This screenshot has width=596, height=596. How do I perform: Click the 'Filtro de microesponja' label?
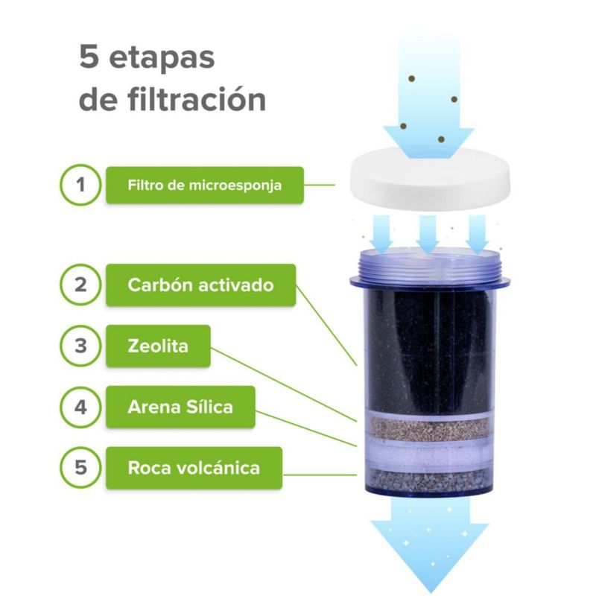[204, 185]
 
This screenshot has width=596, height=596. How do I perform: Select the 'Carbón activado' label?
[200, 285]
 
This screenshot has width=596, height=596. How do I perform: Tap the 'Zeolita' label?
[158, 346]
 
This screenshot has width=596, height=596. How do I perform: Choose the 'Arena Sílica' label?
[180, 407]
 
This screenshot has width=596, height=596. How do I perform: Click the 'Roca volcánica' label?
[194, 468]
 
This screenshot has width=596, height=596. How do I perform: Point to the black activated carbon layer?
[429, 349]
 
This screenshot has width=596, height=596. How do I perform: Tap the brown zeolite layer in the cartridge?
[429, 428]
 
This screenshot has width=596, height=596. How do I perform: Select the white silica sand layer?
[429, 456]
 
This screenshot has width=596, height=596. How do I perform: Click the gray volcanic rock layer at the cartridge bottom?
[429, 481]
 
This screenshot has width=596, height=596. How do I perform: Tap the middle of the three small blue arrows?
[428, 234]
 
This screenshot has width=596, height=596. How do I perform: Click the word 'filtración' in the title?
[197, 100]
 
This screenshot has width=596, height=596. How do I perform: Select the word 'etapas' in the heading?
[162, 59]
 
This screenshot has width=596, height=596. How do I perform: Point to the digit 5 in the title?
[89, 57]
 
